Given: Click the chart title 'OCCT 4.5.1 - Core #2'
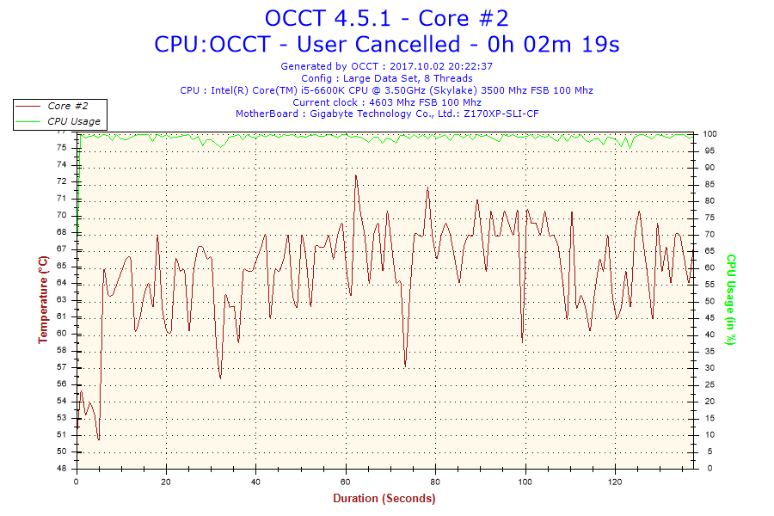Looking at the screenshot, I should point(386,17).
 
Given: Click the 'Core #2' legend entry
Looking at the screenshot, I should point(68,106).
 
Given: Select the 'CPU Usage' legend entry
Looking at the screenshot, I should point(73,121).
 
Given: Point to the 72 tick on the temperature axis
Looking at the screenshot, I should point(61,181).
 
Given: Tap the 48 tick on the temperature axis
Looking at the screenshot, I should point(61,469).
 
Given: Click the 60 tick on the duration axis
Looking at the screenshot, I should point(345,482).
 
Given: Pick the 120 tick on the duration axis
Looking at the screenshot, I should point(614,482).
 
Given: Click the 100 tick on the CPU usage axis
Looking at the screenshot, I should point(710,134).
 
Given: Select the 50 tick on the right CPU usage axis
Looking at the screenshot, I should point(709,301).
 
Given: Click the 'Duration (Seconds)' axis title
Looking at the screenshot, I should point(384,499).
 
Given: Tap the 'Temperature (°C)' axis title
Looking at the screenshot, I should point(43,299).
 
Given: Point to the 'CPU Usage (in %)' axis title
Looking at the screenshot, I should point(731,299).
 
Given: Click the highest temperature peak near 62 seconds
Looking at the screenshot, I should point(355,175).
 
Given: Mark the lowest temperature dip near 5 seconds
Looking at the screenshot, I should point(99,439).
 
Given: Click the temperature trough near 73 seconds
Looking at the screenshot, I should point(405,365).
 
